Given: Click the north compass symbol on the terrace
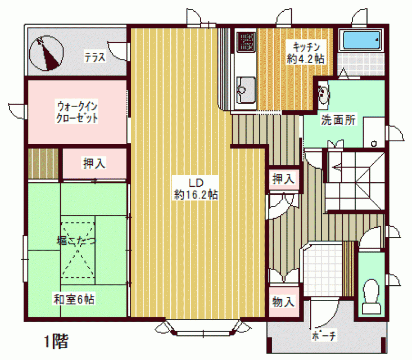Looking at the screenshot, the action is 46,53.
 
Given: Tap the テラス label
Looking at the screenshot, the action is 95,57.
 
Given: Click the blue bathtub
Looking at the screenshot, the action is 361,40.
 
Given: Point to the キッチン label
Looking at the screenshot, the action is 306,47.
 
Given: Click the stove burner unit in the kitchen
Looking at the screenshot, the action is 246,42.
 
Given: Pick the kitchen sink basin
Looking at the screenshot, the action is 246,89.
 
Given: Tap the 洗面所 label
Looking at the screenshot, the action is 338,120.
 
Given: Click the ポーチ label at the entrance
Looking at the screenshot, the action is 323,336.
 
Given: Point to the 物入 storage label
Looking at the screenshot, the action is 283,301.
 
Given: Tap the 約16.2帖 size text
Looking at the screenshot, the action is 196,195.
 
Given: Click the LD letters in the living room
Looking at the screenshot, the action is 196,183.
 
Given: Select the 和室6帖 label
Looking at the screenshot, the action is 74,299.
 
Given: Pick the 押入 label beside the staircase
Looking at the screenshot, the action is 283,179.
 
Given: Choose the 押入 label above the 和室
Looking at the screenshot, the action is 94,163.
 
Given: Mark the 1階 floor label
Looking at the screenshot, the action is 56,341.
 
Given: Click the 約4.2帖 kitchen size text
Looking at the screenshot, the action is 306,59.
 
